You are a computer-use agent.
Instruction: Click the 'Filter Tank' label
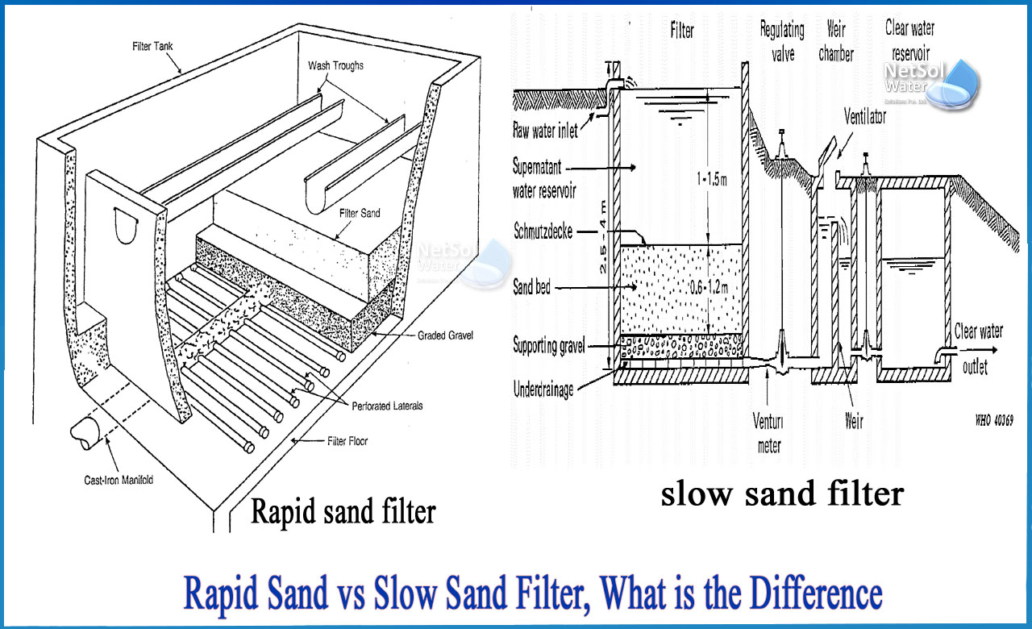(153, 47)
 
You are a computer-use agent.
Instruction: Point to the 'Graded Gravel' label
(446, 334)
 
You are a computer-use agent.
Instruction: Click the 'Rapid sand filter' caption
(343, 510)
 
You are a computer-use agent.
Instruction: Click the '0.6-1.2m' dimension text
(705, 286)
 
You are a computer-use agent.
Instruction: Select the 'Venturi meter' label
(769, 436)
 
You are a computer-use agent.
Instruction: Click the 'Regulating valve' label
(782, 41)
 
